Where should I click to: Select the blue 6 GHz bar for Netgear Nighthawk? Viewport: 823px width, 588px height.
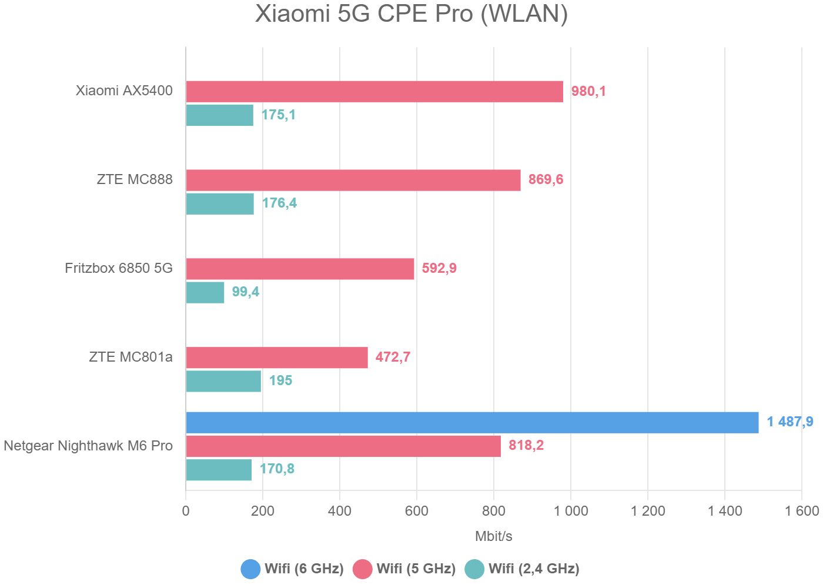click(472, 422)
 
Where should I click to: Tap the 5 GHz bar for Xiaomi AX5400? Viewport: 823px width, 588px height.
click(374, 92)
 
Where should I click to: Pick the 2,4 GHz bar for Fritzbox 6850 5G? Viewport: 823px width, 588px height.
click(205, 292)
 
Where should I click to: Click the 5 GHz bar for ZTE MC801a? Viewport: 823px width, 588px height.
click(277, 358)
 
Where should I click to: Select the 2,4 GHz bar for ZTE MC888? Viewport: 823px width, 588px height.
click(220, 203)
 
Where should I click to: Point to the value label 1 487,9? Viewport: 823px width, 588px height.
click(789, 422)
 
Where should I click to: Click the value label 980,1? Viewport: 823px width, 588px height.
click(588, 91)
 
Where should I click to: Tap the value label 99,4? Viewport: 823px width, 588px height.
click(245, 292)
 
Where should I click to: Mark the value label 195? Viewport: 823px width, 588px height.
click(280, 380)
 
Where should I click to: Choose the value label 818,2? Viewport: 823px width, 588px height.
click(526, 445)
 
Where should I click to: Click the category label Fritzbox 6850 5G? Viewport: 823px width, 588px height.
click(119, 268)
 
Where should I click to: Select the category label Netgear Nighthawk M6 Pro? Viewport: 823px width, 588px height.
click(88, 446)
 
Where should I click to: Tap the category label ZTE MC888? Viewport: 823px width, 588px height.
click(135, 179)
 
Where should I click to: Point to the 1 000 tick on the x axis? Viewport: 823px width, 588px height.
click(571, 511)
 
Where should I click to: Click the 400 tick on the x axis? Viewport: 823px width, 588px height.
click(340, 511)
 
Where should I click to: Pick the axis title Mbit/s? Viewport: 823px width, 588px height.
click(493, 536)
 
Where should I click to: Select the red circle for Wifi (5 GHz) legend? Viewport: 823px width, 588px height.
click(363, 569)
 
